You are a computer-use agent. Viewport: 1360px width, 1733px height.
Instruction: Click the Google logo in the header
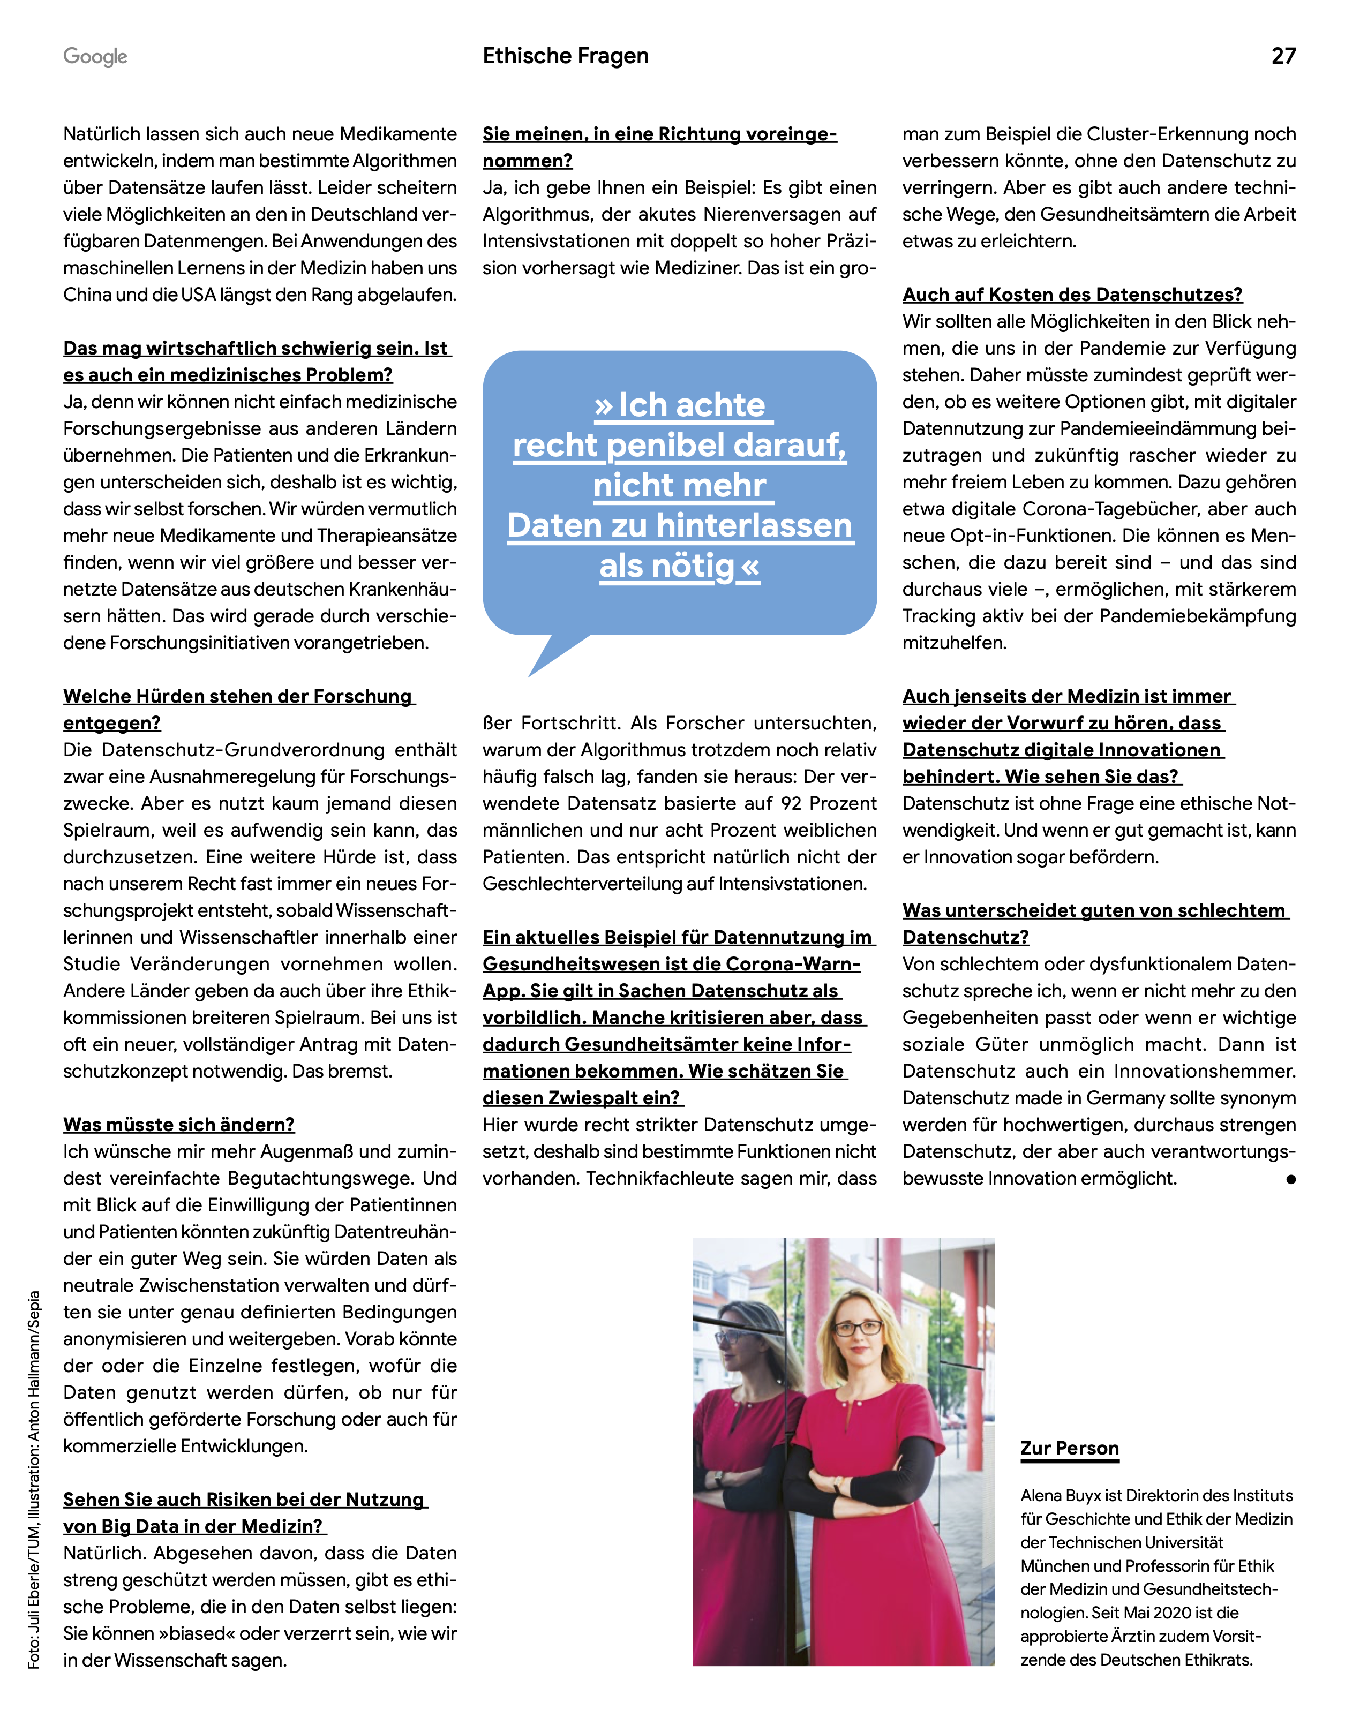coord(95,57)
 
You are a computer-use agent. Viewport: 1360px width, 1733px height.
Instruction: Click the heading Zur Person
coord(1069,1448)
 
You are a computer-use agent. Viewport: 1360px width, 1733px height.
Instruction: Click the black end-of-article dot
coord(1290,1179)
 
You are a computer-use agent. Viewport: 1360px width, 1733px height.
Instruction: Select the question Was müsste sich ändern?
coord(178,1124)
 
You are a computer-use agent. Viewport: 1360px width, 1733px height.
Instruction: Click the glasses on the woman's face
coord(857,1327)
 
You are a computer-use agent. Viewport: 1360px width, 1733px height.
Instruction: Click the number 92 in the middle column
coord(792,803)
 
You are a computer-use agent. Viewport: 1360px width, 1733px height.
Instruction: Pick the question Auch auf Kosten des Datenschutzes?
coord(1072,295)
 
